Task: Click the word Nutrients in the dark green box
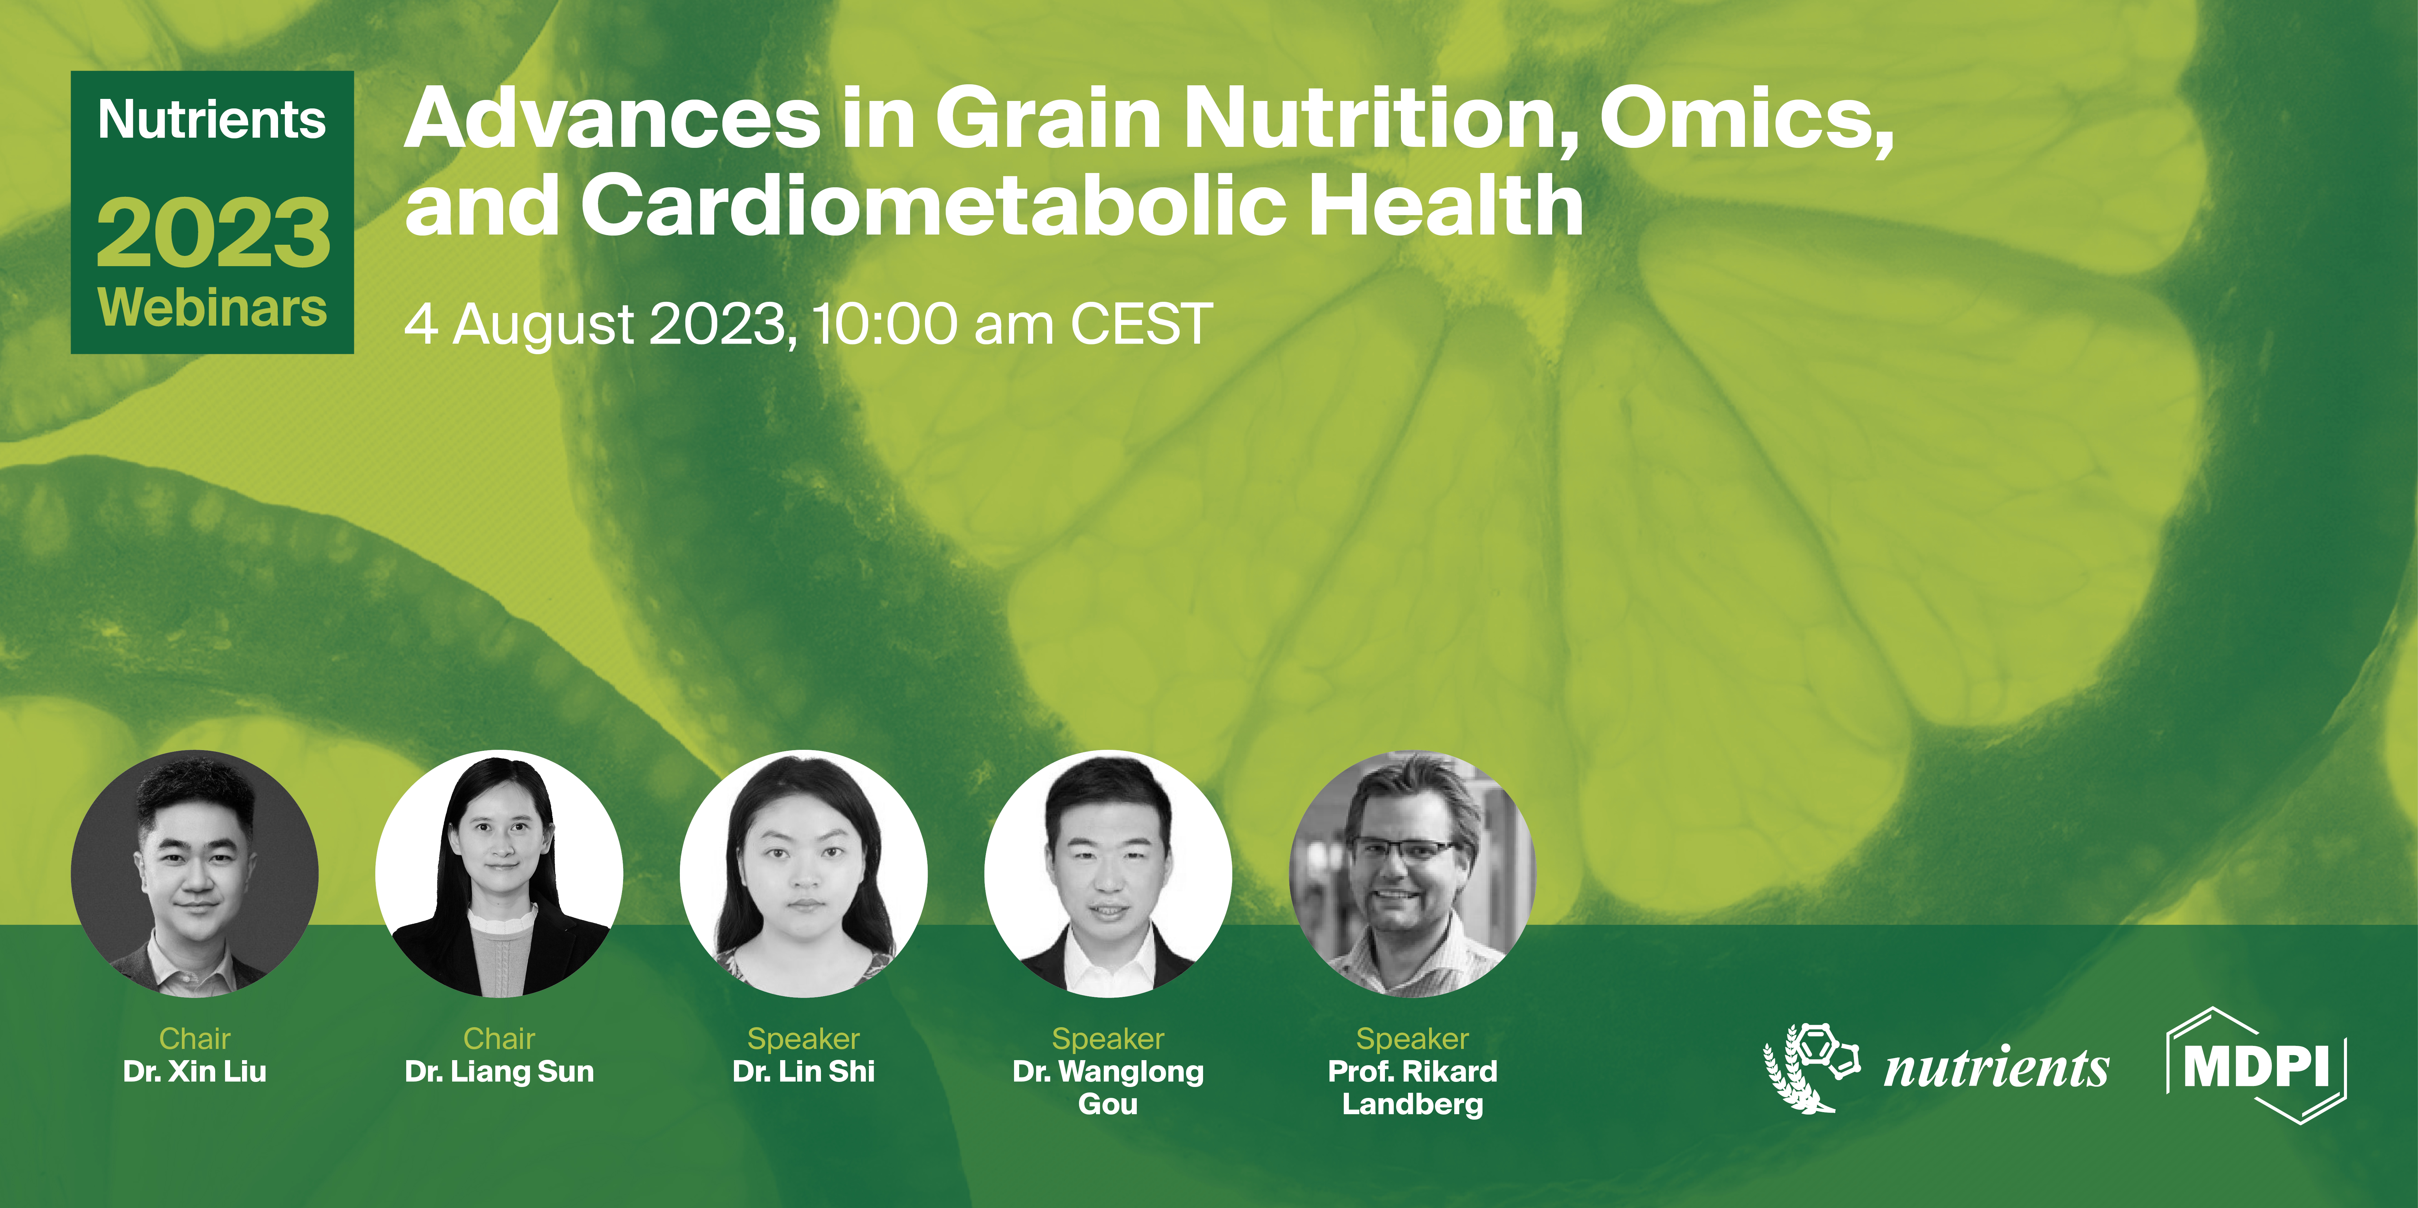[212, 120]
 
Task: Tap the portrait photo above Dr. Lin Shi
[804, 873]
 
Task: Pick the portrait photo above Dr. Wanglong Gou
[1108, 873]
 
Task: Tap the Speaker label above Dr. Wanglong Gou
[1108, 1038]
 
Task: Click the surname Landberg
[1413, 1104]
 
